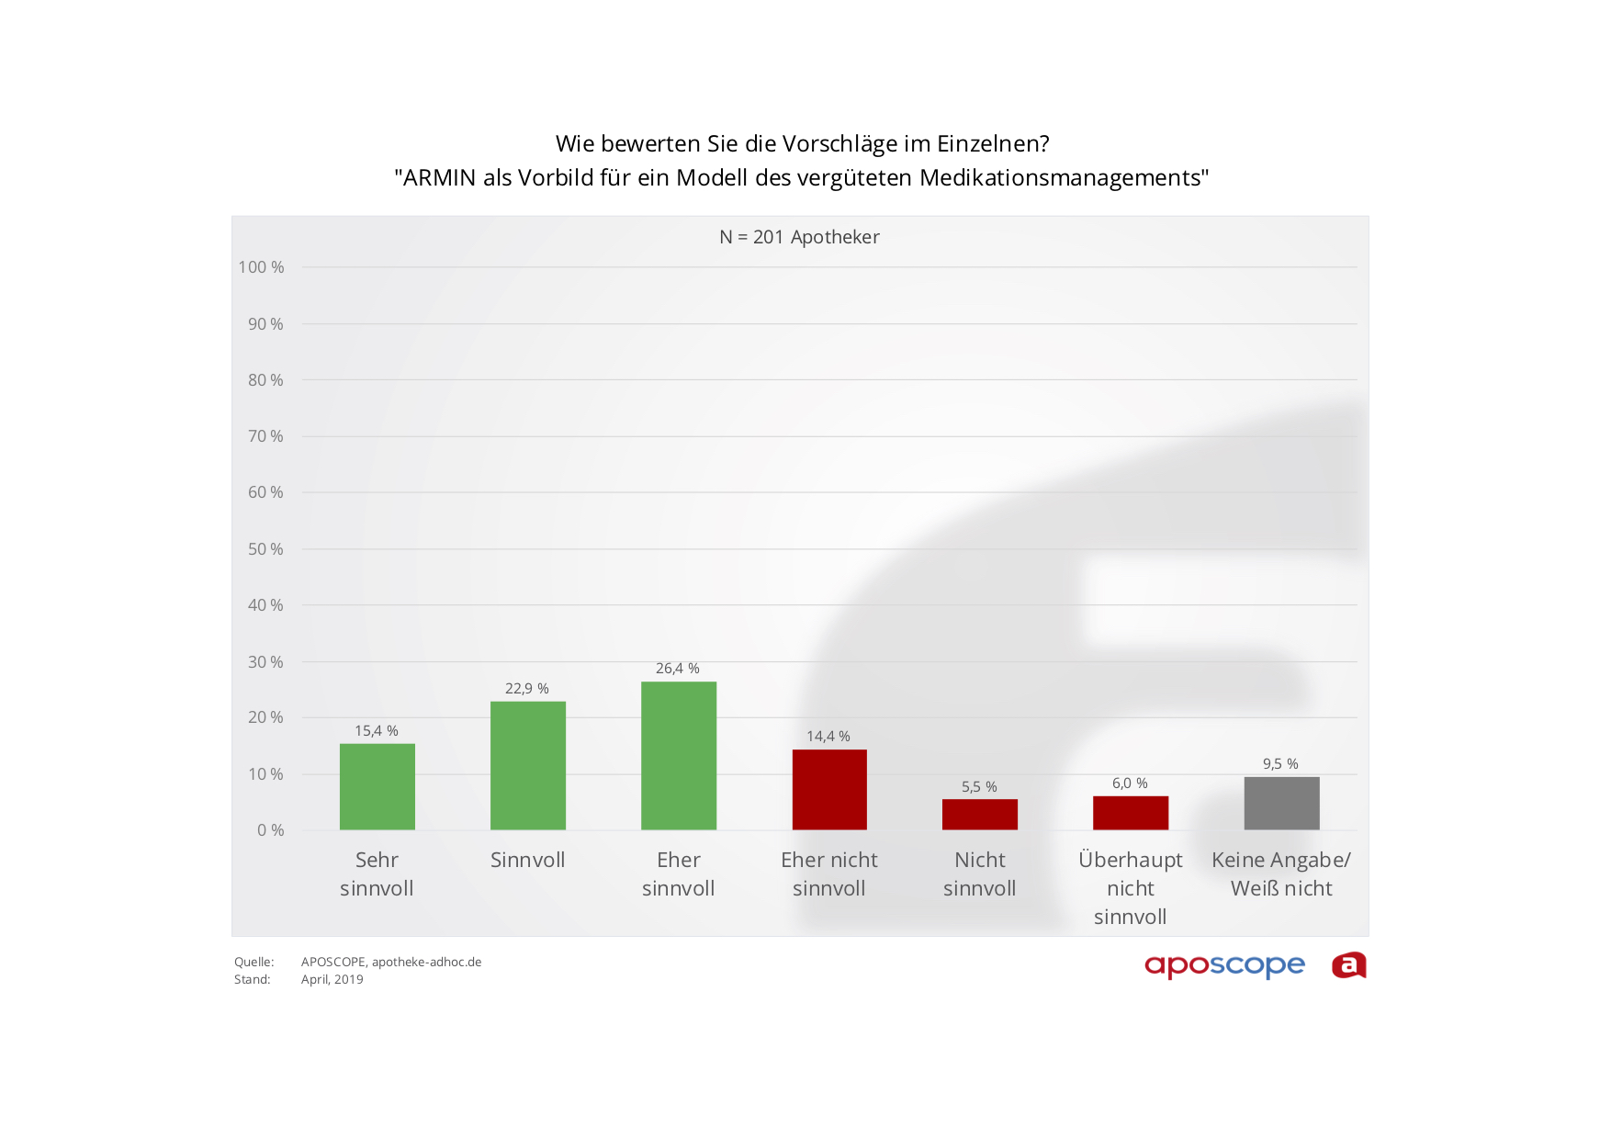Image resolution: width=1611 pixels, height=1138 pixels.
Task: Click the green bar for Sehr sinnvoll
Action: pos(377,787)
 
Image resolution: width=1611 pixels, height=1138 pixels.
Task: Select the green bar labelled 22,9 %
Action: pos(527,766)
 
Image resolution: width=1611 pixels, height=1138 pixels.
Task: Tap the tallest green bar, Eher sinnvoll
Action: pos(678,756)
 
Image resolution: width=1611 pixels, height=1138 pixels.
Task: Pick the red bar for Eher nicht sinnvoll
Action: pos(829,790)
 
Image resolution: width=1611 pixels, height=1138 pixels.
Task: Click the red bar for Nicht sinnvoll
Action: pos(979,815)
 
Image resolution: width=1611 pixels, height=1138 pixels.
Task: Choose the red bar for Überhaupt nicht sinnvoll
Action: pos(1130,813)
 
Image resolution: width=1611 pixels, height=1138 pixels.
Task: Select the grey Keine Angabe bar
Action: pos(1281,804)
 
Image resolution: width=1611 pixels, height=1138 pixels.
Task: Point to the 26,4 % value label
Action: pos(677,669)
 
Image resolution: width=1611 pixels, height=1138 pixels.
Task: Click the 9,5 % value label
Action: pos(1280,764)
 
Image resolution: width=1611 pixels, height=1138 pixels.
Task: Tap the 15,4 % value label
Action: pos(377,731)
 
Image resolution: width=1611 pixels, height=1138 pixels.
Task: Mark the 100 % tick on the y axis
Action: pos(262,267)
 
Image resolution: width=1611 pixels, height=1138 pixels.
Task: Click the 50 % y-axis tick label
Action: pos(265,549)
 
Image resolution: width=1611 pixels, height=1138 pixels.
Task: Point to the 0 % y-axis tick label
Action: pos(270,830)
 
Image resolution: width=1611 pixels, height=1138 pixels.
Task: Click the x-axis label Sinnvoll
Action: pos(527,861)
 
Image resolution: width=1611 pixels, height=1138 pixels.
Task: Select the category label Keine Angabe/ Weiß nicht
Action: pos(1281,874)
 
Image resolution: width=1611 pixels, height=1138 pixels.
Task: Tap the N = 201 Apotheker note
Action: pos(799,237)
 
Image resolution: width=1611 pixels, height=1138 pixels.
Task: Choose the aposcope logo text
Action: pos(1223,966)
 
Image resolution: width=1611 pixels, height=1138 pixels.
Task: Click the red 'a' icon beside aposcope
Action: pos(1348,965)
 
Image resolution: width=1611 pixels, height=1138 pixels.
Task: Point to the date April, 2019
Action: pos(332,980)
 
